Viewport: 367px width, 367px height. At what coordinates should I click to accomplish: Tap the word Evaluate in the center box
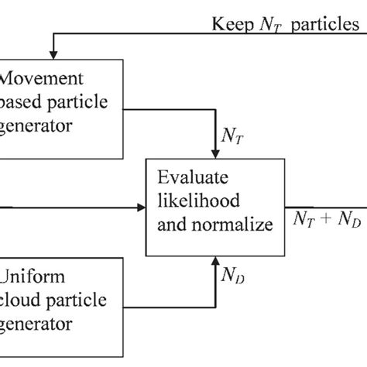pyautogui.click(x=193, y=176)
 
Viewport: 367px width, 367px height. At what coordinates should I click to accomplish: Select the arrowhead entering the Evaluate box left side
pyautogui.click(x=142, y=208)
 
